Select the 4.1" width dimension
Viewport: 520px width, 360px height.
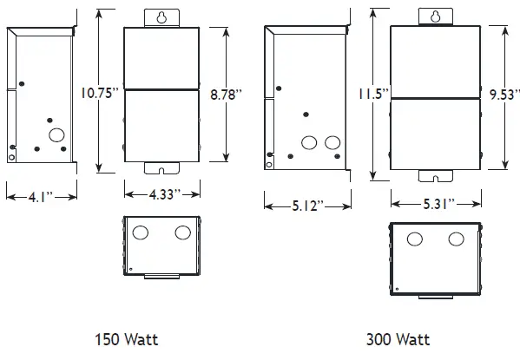(37, 196)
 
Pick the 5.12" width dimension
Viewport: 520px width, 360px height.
(307, 206)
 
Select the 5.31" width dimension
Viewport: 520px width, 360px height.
(435, 204)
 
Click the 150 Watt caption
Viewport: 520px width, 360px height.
(127, 339)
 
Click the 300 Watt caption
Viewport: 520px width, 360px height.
(398, 339)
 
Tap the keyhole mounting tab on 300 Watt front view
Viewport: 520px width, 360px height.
(435, 16)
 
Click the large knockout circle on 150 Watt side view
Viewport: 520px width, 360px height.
(57, 134)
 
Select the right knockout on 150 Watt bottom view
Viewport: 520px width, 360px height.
(182, 232)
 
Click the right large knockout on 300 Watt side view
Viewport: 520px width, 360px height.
(331, 141)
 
